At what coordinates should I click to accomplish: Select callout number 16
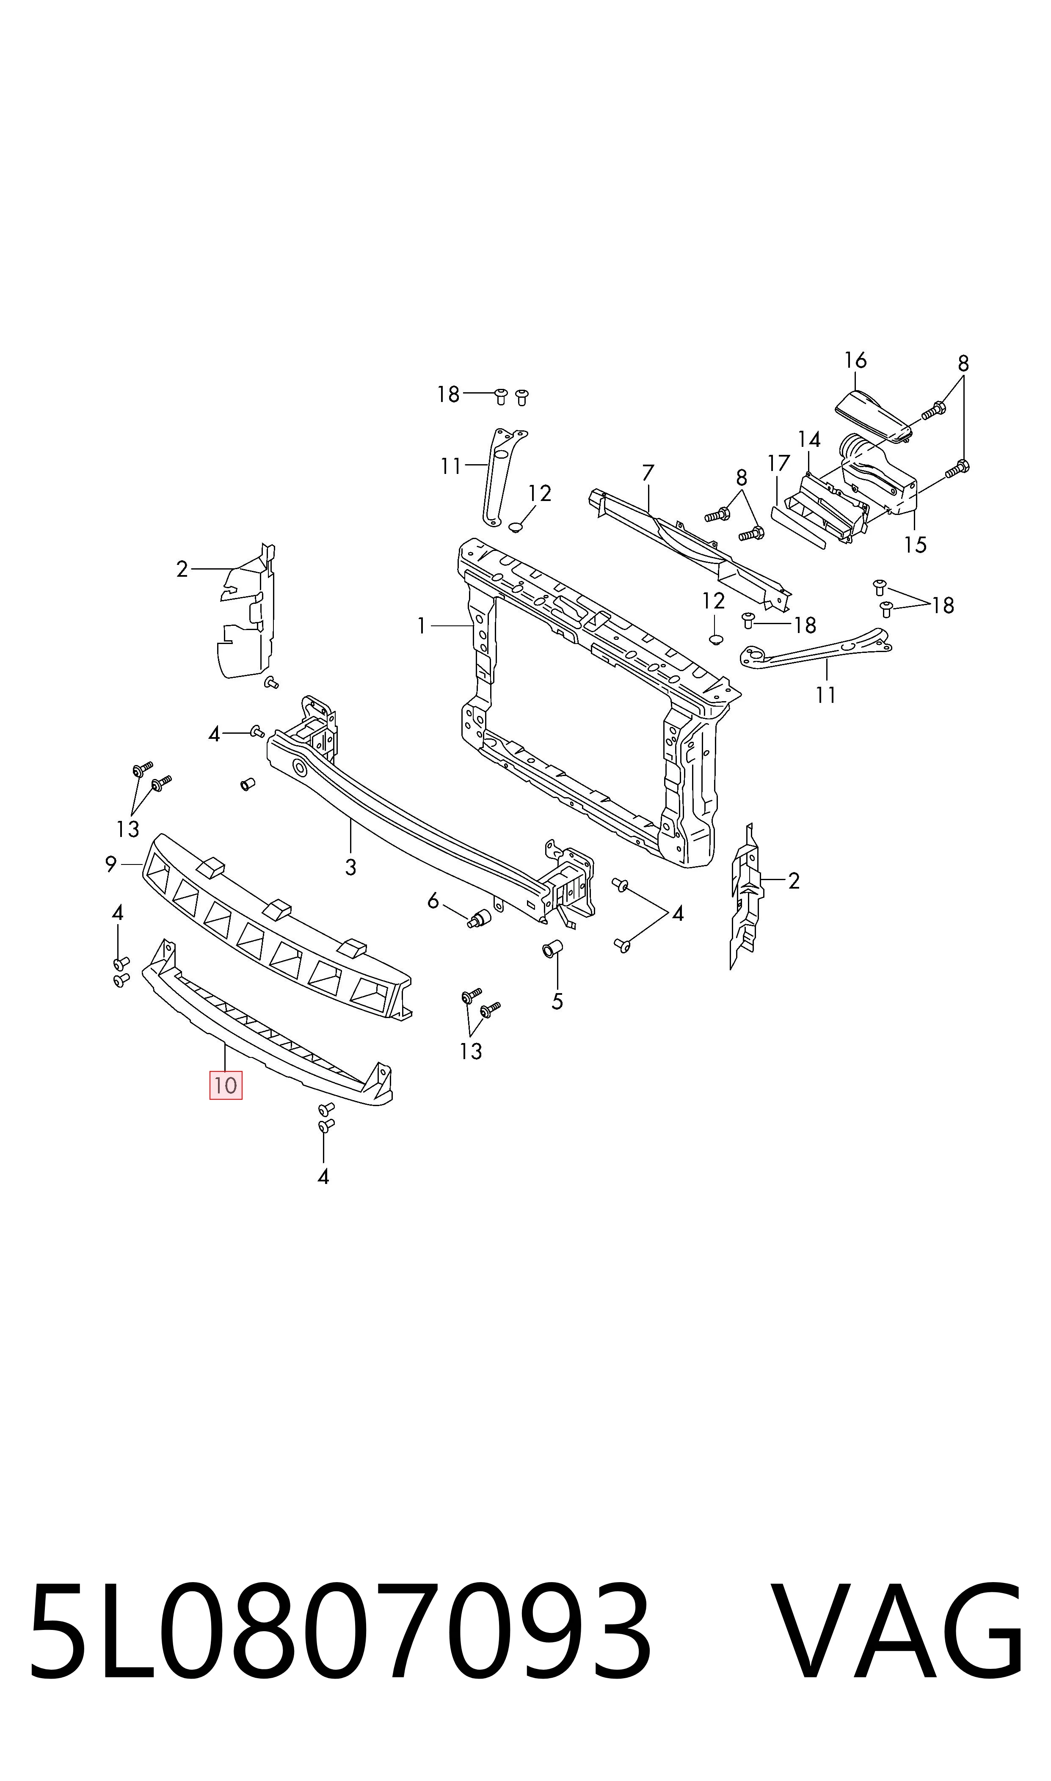click(x=855, y=361)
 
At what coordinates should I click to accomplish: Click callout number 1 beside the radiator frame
click(x=422, y=626)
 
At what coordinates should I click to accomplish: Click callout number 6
click(x=433, y=901)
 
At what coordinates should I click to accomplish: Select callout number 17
click(x=778, y=464)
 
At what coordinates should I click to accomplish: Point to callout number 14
click(x=809, y=440)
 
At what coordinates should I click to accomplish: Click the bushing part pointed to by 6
click(x=480, y=918)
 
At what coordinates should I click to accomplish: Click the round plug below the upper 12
click(x=516, y=526)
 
